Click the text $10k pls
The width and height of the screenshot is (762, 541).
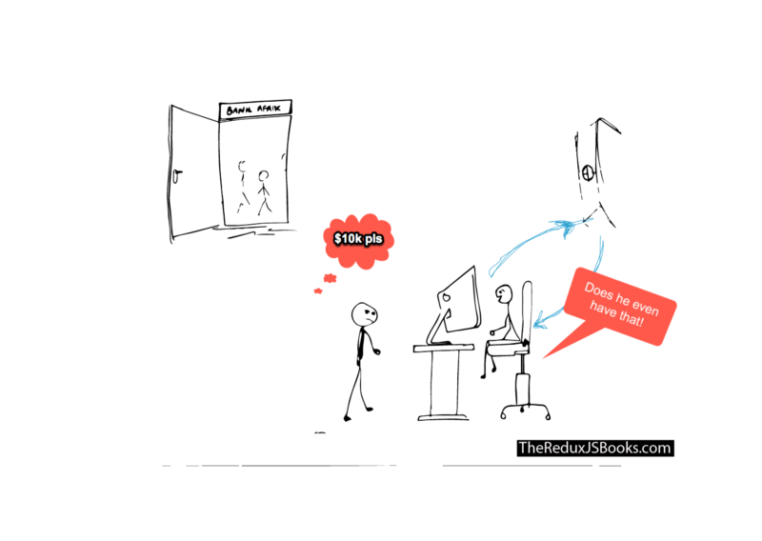pyautogui.click(x=357, y=238)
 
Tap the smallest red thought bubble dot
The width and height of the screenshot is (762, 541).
pyautogui.click(x=318, y=291)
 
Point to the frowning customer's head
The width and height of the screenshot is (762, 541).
pyautogui.click(x=364, y=315)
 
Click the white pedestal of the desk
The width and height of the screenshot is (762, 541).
pyautogui.click(x=444, y=381)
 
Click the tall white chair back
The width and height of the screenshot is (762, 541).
pyautogui.click(x=523, y=314)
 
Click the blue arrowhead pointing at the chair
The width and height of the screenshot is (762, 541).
pyautogui.click(x=538, y=320)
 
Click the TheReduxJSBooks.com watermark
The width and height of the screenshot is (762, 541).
pyautogui.click(x=594, y=448)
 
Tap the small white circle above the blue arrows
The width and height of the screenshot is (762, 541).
pyautogui.click(x=588, y=173)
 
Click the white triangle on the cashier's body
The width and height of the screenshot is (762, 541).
pyautogui.click(x=512, y=333)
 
